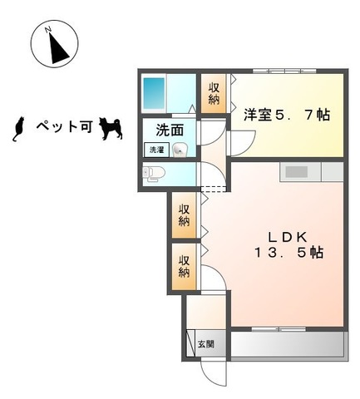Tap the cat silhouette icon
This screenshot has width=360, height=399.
point(14,126)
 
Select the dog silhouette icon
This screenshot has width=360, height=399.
point(110,127)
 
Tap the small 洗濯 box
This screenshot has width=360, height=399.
point(156,150)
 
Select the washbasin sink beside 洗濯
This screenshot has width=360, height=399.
point(180,150)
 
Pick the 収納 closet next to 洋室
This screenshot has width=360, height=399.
point(214,93)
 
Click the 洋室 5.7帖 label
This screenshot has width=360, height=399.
point(286,116)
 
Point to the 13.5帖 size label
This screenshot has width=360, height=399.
point(288,252)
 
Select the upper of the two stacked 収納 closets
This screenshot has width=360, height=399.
point(184,214)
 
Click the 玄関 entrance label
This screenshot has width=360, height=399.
point(207,343)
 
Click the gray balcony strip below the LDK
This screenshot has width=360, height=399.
point(286,343)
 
